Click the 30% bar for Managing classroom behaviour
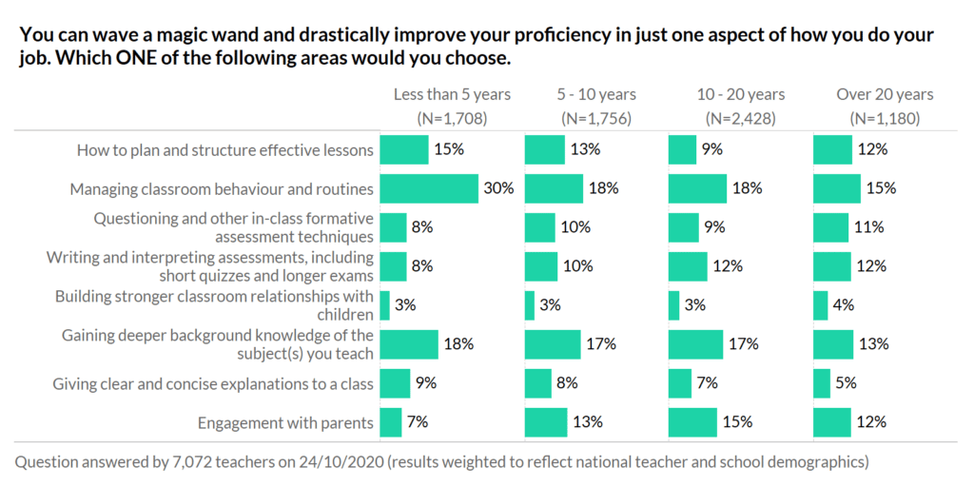click(429, 188)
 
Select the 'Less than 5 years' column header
click(452, 94)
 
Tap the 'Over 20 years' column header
click(885, 94)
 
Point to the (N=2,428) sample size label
click(741, 119)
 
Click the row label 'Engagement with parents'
click(285, 422)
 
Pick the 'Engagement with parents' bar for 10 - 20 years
click(692, 422)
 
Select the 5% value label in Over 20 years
click(846, 383)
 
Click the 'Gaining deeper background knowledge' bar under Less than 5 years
click(409, 344)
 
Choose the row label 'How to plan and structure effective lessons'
click(224, 149)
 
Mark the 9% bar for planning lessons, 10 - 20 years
click(682, 149)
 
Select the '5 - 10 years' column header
click(596, 94)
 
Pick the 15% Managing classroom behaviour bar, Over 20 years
click(837, 188)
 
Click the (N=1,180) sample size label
click(885, 119)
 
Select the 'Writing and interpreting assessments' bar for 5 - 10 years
click(541, 266)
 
